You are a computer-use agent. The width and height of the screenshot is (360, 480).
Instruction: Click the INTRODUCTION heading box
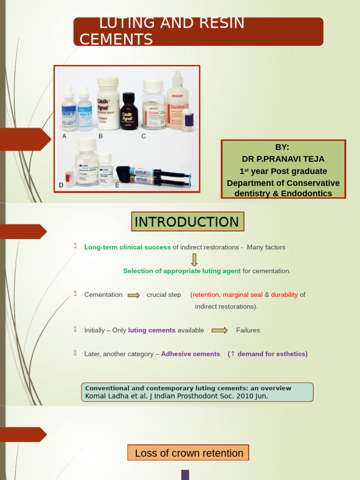[187, 222]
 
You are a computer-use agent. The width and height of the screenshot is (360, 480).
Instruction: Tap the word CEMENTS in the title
[116, 39]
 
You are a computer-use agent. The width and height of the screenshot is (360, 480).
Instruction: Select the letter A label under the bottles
[65, 136]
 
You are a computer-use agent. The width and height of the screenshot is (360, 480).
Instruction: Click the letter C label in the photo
[143, 136]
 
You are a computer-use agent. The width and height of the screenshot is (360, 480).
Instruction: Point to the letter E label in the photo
[117, 185]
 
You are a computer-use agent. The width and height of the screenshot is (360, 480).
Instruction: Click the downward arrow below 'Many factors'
[195, 260]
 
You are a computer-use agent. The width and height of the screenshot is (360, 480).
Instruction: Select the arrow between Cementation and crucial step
[134, 295]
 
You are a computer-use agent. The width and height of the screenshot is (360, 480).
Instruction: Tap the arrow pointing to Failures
[219, 330]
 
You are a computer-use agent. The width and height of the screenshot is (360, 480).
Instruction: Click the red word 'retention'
[206, 295]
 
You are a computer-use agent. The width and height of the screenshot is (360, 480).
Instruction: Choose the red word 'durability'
[284, 295]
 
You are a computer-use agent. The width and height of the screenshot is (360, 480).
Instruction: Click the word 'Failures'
[248, 330]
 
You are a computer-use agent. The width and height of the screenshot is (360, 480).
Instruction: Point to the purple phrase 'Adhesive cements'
[190, 354]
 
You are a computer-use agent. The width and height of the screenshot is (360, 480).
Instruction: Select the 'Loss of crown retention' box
[188, 453]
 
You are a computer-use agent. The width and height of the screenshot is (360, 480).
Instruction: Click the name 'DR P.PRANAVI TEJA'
[283, 159]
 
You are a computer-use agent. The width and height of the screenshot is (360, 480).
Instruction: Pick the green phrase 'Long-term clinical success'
[127, 247]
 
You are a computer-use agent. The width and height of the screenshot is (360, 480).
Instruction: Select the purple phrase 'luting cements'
[152, 330]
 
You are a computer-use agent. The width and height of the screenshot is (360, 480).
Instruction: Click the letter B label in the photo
[100, 136]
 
